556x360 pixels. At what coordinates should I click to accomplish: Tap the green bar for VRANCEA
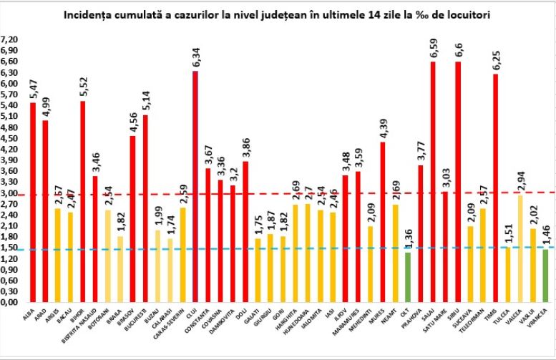tap(545, 276)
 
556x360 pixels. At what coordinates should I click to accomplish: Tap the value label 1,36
tap(408, 238)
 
